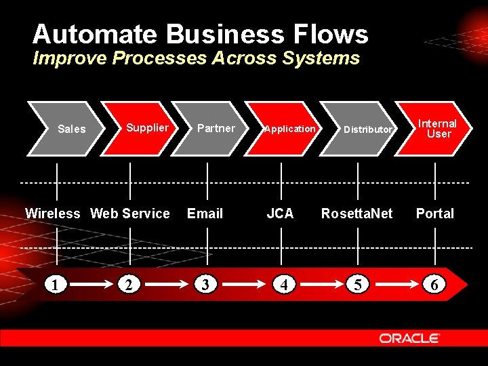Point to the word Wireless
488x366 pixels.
[52, 213]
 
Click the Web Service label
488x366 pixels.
[130, 213]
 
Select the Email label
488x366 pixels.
[205, 213]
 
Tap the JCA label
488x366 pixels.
[280, 213]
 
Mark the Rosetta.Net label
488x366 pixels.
[357, 213]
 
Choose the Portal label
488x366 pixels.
[434, 213]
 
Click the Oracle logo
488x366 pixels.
[409, 338]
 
